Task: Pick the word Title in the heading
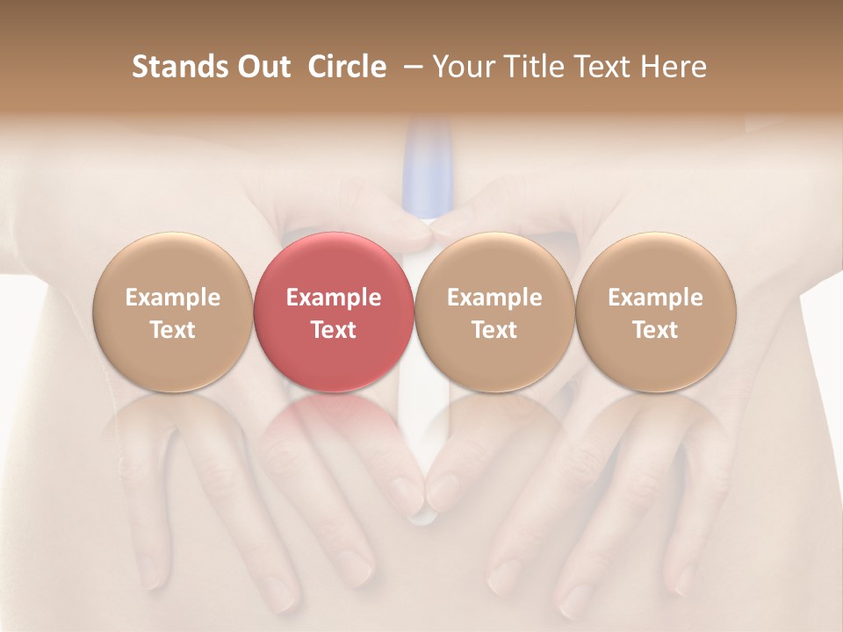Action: pos(533,67)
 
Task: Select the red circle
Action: pos(334,312)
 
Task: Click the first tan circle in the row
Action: pos(172,312)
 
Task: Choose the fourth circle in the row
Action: pos(655,312)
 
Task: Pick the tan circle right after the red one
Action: pos(494,312)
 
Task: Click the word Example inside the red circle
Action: pos(334,298)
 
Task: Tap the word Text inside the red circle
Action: pos(334,329)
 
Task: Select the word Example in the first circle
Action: pos(172,298)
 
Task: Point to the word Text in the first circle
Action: pos(172,329)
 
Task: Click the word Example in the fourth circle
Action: pos(655,298)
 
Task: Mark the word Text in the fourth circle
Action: pos(655,329)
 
